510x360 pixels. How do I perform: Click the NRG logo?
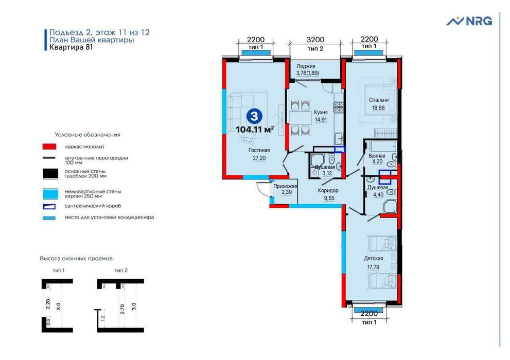click(x=469, y=21)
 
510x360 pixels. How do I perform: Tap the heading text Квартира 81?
click(x=71, y=48)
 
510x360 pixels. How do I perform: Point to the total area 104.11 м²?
click(x=254, y=129)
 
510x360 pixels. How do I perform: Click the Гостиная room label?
click(x=259, y=150)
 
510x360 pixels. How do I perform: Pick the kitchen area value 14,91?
click(x=313, y=121)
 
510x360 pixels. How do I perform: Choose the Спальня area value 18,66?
click(x=378, y=108)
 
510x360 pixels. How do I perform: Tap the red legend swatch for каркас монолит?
click(x=49, y=147)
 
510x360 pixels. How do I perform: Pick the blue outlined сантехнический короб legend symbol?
click(x=49, y=206)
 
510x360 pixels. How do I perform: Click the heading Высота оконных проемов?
click(x=76, y=258)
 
